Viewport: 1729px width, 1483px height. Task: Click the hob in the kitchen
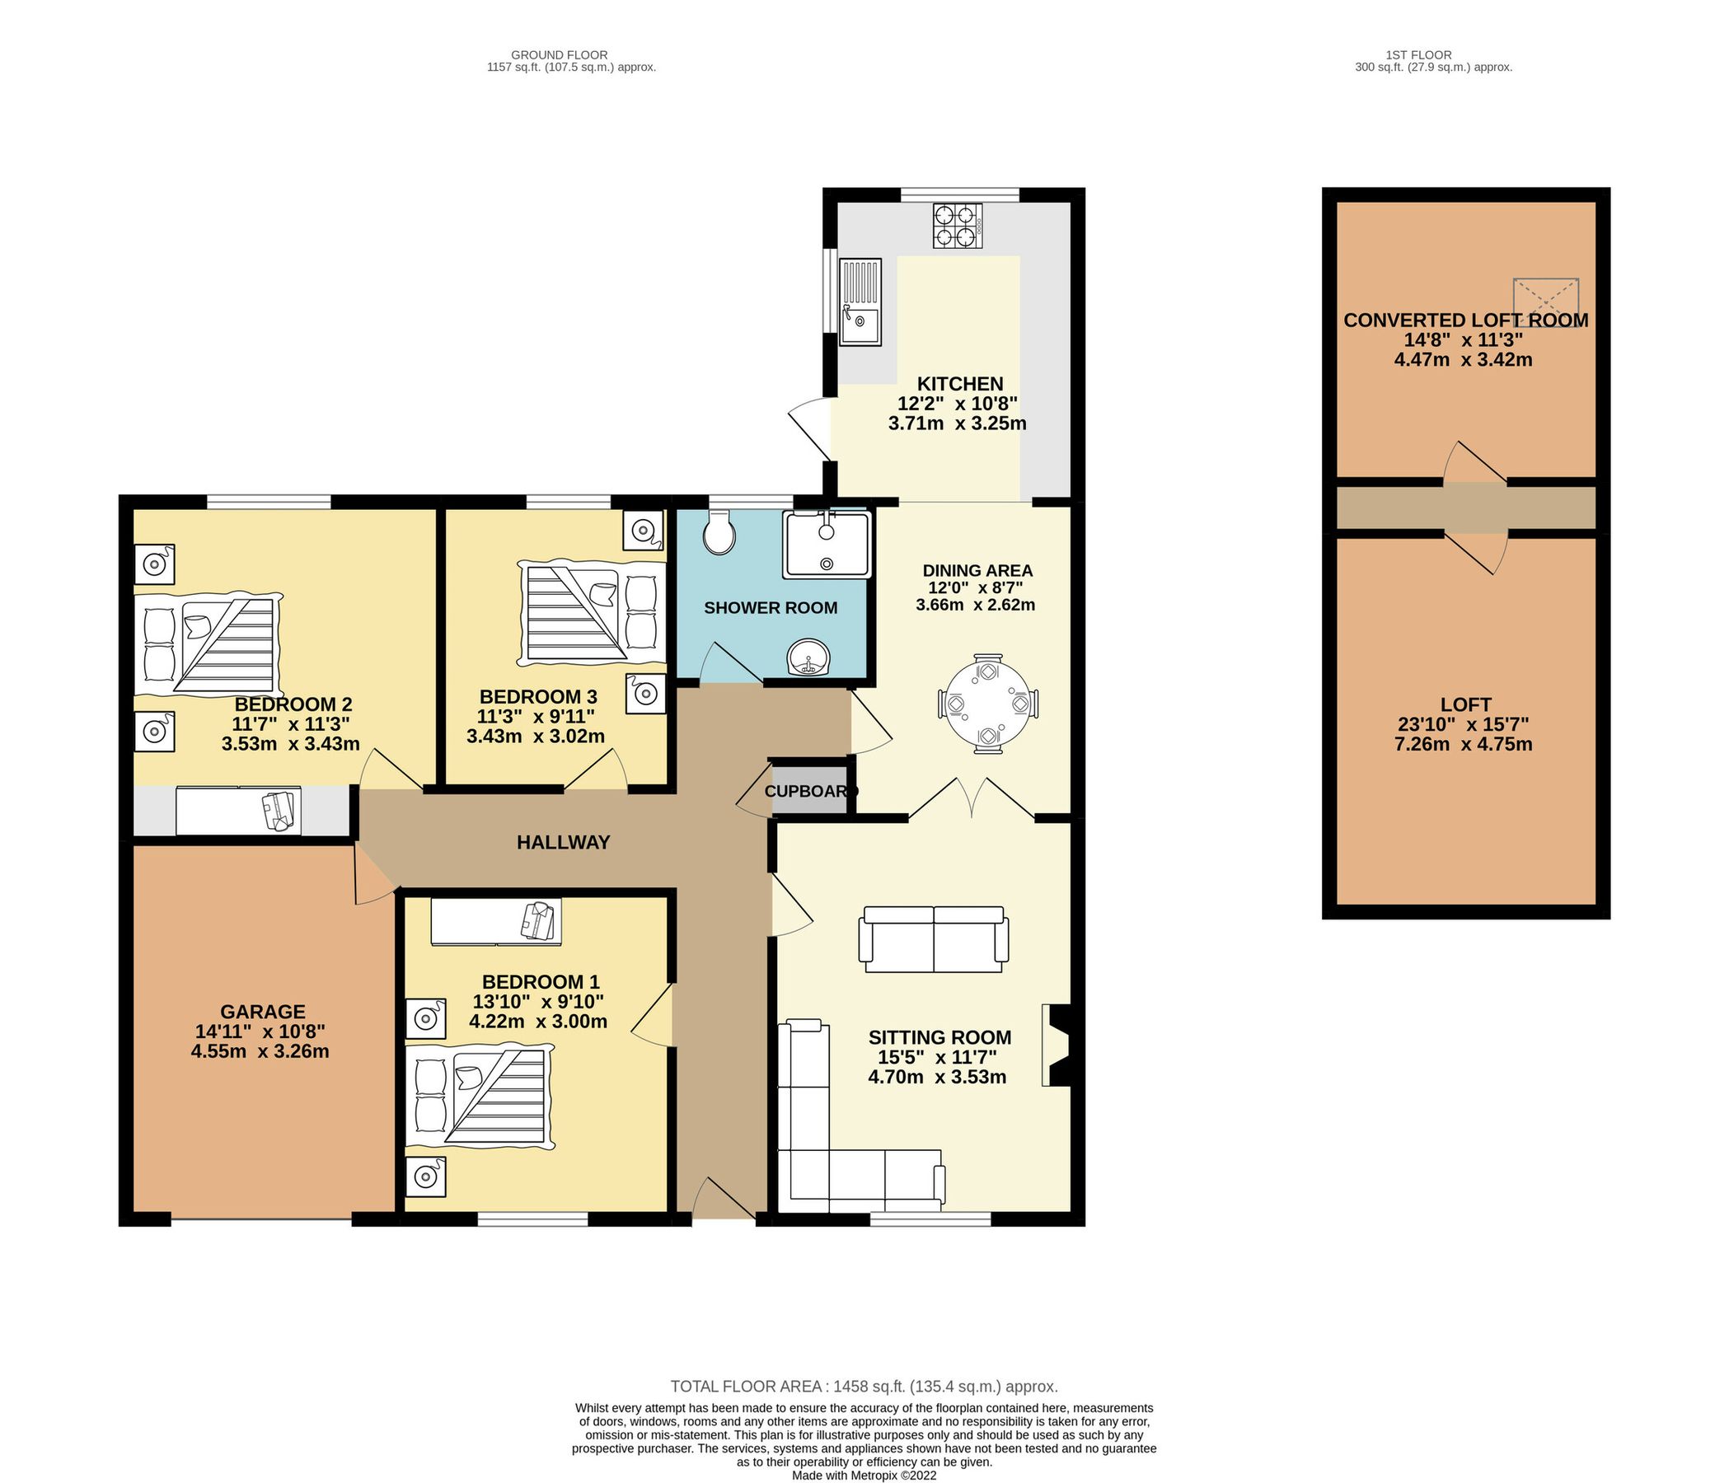(957, 225)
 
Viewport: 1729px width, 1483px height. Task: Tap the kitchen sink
(860, 302)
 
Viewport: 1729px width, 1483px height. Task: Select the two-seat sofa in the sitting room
(934, 938)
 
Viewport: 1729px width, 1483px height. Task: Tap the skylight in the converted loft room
(1545, 302)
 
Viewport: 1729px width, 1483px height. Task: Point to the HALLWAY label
(564, 842)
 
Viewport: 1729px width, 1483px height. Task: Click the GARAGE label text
(263, 1012)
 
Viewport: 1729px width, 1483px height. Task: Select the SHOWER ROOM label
(771, 608)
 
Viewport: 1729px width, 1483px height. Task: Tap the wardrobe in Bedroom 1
(496, 922)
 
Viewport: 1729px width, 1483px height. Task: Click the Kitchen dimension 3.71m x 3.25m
(957, 423)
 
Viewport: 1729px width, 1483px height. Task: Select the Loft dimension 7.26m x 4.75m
(1464, 745)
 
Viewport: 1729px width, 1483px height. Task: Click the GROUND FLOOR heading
(572, 55)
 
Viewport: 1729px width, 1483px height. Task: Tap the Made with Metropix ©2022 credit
(864, 1476)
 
